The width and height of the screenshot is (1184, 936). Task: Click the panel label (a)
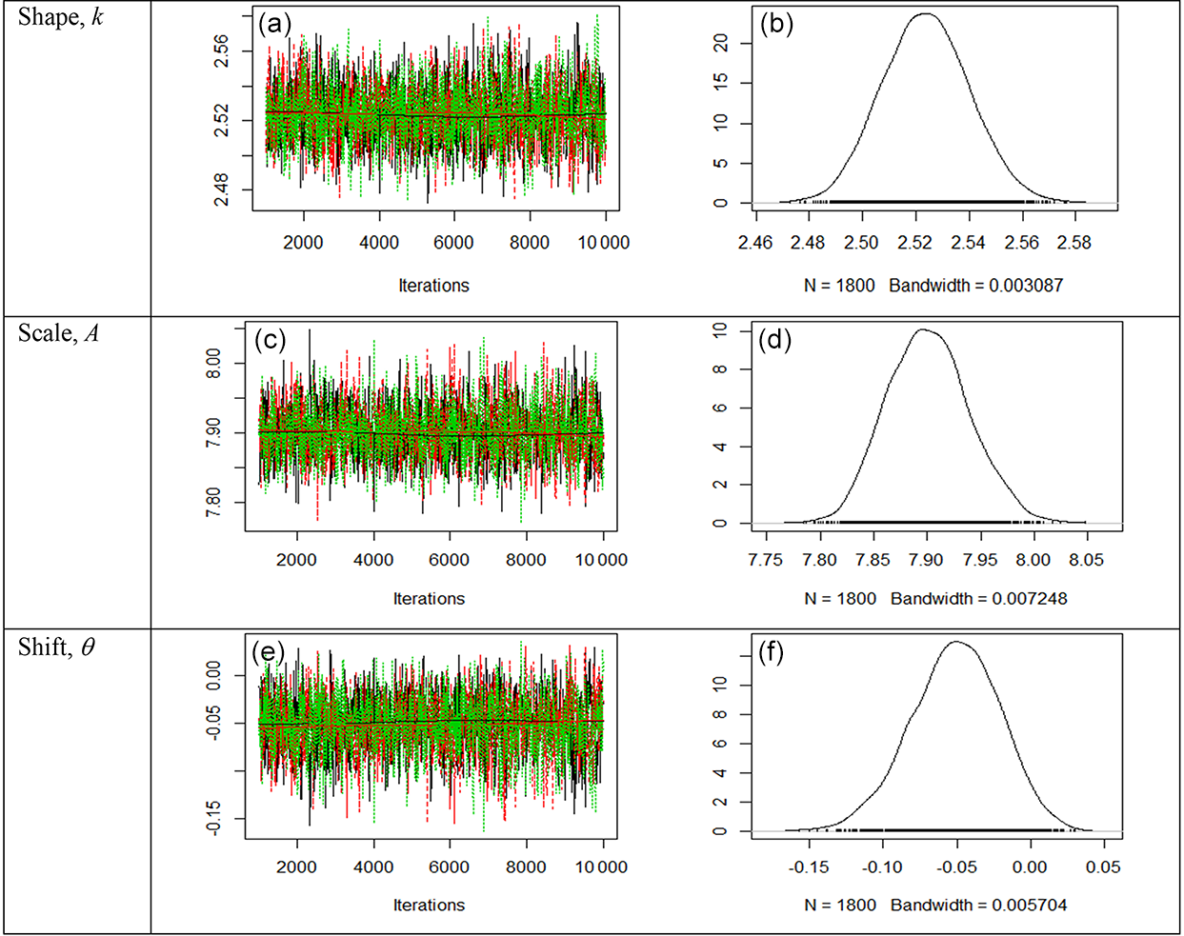(275, 25)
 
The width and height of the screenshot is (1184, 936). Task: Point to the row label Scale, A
(58, 332)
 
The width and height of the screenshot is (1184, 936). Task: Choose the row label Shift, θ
(56, 647)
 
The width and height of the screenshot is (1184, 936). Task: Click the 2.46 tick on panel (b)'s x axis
(754, 243)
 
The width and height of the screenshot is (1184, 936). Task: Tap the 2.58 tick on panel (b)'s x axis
(1074, 243)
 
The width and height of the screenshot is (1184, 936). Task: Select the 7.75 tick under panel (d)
(766, 560)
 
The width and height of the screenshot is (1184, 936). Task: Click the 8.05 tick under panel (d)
(1086, 560)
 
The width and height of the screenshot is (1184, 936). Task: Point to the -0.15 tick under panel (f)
(810, 867)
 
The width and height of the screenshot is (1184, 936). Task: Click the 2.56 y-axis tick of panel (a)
(222, 51)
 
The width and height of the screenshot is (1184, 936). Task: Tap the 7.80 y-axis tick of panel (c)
(214, 502)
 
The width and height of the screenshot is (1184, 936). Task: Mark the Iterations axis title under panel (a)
(433, 286)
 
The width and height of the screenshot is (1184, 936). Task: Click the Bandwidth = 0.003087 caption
(975, 286)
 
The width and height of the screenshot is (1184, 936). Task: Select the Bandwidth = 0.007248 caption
(978, 599)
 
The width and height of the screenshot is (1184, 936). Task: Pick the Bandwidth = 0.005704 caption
(978, 906)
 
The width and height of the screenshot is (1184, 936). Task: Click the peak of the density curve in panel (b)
(925, 13)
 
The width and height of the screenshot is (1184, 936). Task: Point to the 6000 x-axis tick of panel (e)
(449, 867)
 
